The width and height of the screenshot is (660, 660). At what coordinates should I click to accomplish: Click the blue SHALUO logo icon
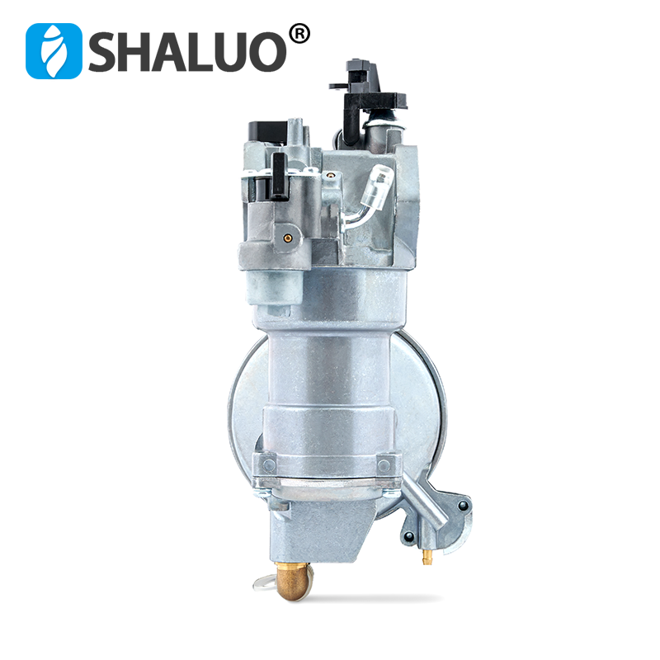click(54, 50)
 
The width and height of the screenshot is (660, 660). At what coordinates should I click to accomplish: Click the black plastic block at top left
click(262, 135)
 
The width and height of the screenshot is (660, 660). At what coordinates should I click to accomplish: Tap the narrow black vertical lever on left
click(280, 177)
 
